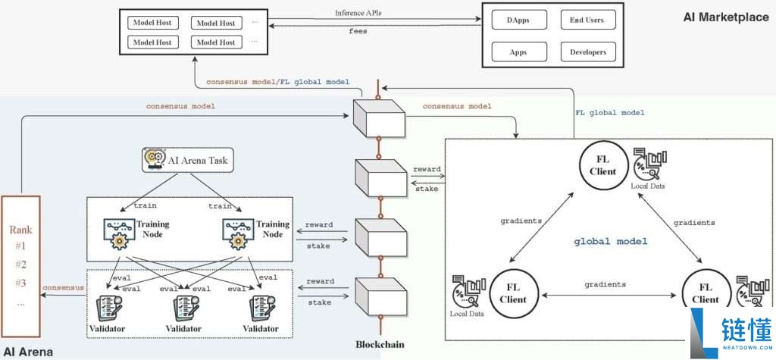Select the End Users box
tap(587, 20)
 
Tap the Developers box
tap(587, 52)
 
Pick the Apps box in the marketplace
tap(519, 52)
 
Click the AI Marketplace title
tap(724, 17)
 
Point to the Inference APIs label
tap(359, 13)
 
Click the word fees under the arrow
tap(358, 31)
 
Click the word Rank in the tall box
tap(20, 229)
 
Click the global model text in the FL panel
tap(610, 241)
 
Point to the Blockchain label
tap(380, 343)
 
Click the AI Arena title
tap(29, 352)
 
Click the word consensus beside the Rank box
tap(63, 288)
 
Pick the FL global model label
tap(610, 112)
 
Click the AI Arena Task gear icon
tap(154, 160)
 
